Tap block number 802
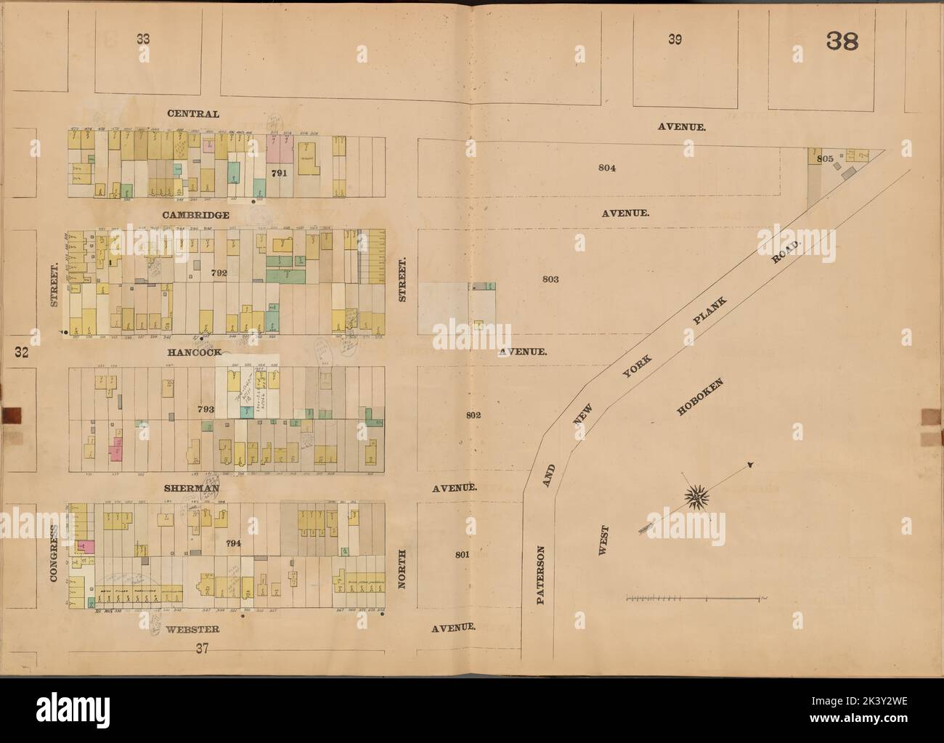coord(473,415)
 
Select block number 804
coord(608,168)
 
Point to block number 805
coord(823,158)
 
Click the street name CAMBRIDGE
coord(196,215)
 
